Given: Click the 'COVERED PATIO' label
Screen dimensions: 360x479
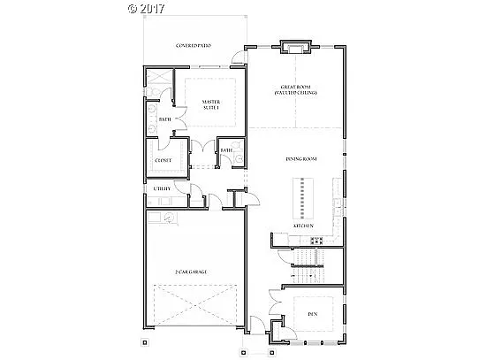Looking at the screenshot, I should [x=193, y=44].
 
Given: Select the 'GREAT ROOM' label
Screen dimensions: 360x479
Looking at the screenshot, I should [x=294, y=89].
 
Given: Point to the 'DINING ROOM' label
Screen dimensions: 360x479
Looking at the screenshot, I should [x=300, y=159].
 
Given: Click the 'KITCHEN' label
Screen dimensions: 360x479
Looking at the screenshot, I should [x=303, y=226].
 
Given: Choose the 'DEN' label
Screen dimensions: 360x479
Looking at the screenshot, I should [x=312, y=312].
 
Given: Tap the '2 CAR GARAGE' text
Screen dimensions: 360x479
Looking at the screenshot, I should [x=191, y=272].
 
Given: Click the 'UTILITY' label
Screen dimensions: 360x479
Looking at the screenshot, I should [x=161, y=188].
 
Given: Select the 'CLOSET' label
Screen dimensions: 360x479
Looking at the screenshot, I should [x=163, y=161].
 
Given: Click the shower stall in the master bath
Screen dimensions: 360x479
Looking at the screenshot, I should [x=159, y=84].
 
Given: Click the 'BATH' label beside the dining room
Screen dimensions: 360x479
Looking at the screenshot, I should [x=226, y=150].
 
